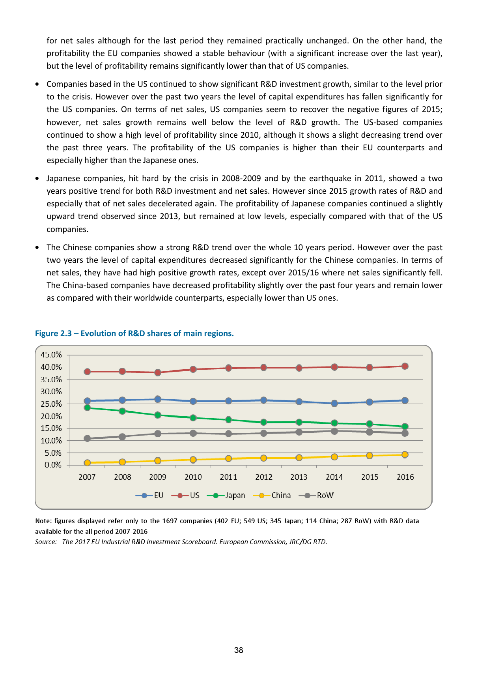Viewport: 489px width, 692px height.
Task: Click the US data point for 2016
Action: click(405, 366)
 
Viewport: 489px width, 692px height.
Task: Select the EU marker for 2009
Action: click(158, 399)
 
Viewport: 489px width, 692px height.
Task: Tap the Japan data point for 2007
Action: click(87, 408)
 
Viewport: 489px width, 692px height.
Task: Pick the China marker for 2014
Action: click(334, 456)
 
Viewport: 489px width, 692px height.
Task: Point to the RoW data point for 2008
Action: click(122, 437)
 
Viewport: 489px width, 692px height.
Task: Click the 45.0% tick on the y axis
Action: click(51, 355)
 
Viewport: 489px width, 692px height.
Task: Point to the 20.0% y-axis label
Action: click(51, 416)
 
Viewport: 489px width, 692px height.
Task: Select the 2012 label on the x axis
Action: click(264, 477)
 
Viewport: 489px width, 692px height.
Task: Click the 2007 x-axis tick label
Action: click(87, 477)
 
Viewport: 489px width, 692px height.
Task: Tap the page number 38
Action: click(239, 650)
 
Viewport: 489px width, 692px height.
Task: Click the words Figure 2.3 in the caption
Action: click(52, 333)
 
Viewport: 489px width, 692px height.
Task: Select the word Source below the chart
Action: click(45, 542)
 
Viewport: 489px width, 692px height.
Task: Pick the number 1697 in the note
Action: click(170, 521)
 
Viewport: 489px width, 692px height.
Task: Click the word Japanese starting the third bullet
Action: click(63, 178)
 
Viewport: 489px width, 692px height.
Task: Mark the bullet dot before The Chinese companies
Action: click(37, 248)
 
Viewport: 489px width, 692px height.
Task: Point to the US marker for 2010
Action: click(193, 369)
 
